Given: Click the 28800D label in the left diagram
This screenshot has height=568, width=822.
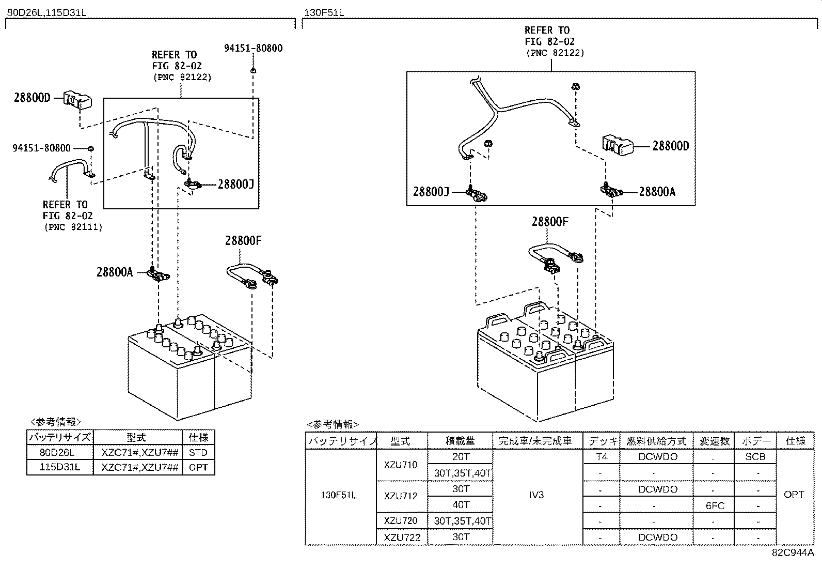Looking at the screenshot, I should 32,97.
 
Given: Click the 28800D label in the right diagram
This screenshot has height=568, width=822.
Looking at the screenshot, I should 670,146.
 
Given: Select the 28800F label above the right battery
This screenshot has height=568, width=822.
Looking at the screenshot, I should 550,222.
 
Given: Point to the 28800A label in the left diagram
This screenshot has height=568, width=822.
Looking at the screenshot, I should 115,272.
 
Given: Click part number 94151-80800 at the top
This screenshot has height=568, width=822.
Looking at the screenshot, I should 253,48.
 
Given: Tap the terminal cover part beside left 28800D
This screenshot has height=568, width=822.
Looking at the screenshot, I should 77,100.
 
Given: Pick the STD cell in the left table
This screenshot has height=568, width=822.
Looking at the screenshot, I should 198,453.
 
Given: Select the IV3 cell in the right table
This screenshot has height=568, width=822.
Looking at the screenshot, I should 536,495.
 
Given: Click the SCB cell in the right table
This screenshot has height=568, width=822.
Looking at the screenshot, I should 755,457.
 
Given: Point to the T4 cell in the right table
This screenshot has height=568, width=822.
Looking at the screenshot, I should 602,457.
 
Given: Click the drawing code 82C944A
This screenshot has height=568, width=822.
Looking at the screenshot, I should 793,552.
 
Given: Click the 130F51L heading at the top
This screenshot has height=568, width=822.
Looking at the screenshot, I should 324,12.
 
